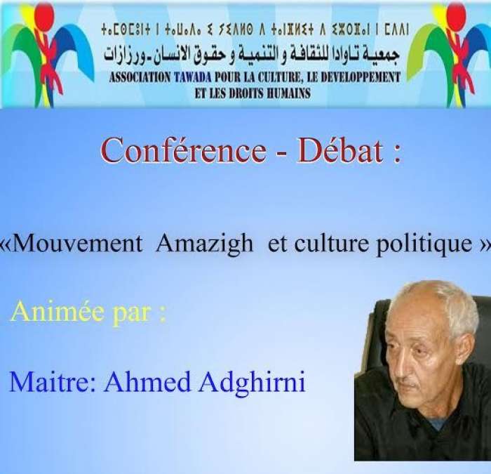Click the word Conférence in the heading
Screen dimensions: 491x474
coord(184,151)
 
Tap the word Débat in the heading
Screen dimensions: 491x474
coord(340,151)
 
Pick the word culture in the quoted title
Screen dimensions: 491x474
coord(331,244)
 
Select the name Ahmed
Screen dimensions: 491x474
coord(147,382)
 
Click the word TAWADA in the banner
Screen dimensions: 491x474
coord(193,77)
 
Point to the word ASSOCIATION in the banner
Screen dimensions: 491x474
coord(140,77)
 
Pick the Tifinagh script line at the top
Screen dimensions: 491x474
coord(255,29)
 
